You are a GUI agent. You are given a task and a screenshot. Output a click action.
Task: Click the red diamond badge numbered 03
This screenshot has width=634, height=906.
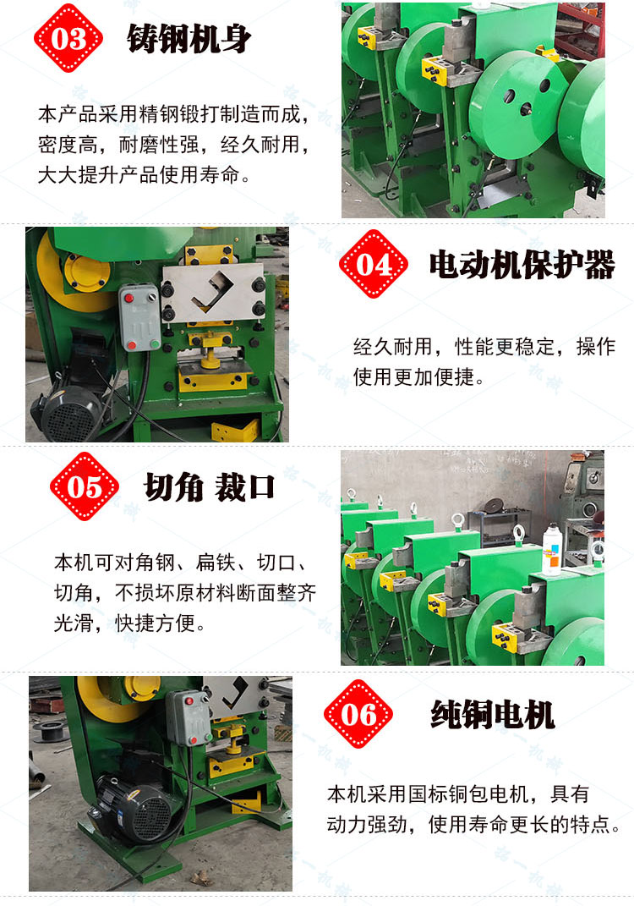point(68,38)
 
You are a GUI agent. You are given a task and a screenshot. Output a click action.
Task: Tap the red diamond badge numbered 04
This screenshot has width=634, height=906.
point(374,264)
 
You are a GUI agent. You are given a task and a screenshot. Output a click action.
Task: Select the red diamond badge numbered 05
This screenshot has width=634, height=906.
point(85,486)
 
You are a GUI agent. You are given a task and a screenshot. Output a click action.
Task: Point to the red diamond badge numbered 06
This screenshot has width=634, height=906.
point(358,714)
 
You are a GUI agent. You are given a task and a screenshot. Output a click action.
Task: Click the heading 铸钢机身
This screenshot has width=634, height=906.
point(189,39)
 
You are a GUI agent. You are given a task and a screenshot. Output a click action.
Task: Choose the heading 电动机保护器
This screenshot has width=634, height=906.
point(522,266)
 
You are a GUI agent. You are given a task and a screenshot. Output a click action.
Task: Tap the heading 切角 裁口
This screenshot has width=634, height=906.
point(209,486)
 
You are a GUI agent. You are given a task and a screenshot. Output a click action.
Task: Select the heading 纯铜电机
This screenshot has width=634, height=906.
point(493,715)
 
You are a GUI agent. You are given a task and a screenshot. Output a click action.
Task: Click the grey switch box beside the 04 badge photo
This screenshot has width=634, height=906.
point(139,317)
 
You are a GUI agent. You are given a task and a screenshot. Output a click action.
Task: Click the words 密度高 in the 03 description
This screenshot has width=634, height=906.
point(68,145)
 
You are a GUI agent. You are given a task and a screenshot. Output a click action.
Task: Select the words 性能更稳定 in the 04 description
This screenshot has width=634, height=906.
point(505,347)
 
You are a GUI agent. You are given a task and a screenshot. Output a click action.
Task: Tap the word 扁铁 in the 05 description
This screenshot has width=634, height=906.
point(216,562)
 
